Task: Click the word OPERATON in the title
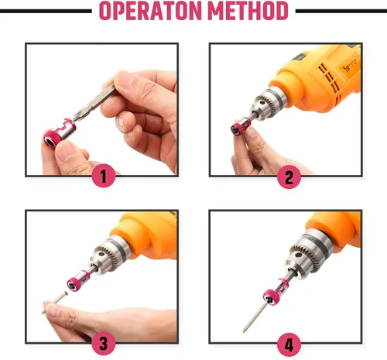point(150,11)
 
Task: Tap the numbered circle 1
point(104,177)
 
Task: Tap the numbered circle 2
point(289,177)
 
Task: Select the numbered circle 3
point(104,344)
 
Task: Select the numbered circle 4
point(289,345)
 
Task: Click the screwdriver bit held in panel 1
point(94,102)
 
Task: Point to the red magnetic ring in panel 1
point(60,133)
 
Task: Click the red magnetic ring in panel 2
point(241,125)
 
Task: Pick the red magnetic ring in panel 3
point(78,280)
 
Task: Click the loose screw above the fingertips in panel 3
point(55,302)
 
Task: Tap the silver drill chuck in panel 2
point(269,103)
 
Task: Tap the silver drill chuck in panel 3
point(110,255)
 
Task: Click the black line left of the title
point(46,12)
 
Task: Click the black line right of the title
point(341,12)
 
